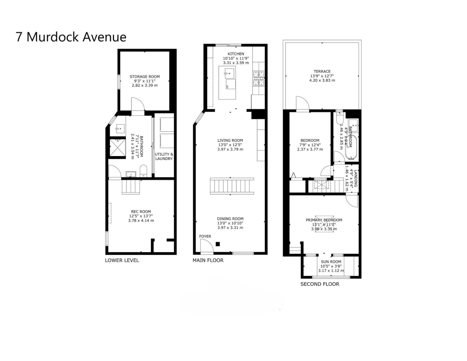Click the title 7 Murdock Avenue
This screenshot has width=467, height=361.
click(x=71, y=37)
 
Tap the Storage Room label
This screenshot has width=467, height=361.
click(x=144, y=77)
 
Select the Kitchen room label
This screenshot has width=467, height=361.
click(x=236, y=54)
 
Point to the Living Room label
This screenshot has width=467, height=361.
click(x=230, y=141)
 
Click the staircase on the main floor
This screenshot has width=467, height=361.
click(x=232, y=186)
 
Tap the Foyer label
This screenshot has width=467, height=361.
click(x=205, y=236)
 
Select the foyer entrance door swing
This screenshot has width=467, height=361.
click(x=206, y=245)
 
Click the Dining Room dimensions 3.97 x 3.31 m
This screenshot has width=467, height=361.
click(x=230, y=227)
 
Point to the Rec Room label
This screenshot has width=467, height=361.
click(x=141, y=212)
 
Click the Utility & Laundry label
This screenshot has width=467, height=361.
click(x=164, y=156)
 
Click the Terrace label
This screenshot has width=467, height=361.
click(x=322, y=71)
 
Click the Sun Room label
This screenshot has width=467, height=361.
click(x=331, y=262)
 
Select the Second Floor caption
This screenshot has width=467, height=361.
click(x=320, y=284)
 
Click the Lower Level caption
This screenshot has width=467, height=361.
click(x=122, y=260)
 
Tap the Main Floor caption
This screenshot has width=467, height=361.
click(x=208, y=260)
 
